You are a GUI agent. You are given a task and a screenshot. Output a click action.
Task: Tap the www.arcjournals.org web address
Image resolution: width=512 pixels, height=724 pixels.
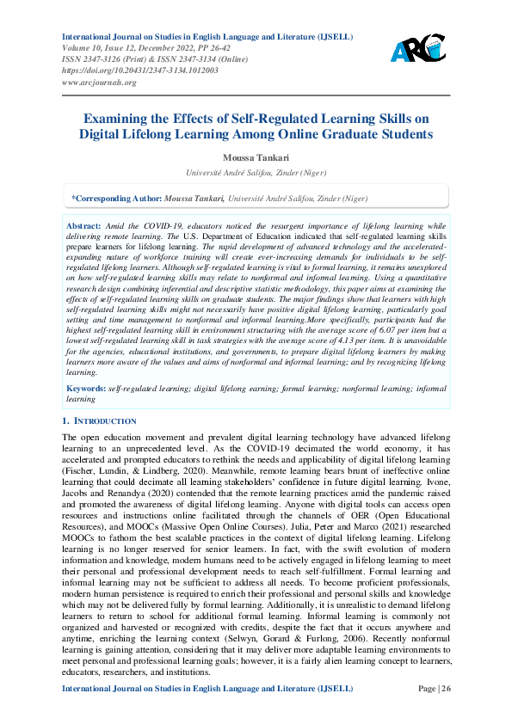pos(99,83)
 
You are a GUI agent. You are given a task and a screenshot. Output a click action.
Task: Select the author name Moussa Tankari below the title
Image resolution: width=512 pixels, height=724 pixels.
pos(256,158)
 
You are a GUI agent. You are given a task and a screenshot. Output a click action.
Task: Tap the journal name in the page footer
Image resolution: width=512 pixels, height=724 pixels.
pos(207,713)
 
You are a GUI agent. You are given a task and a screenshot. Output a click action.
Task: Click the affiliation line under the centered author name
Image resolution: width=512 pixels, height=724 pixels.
pos(256,172)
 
